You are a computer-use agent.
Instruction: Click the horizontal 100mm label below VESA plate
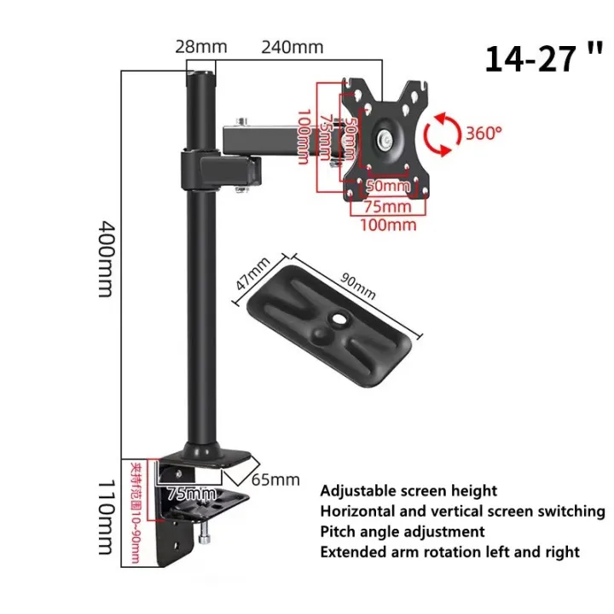(x=389, y=225)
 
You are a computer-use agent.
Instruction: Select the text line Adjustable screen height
(x=408, y=491)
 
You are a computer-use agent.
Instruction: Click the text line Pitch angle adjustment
(x=403, y=531)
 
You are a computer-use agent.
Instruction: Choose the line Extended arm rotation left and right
(x=449, y=552)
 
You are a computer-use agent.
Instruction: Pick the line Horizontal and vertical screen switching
(x=462, y=512)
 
